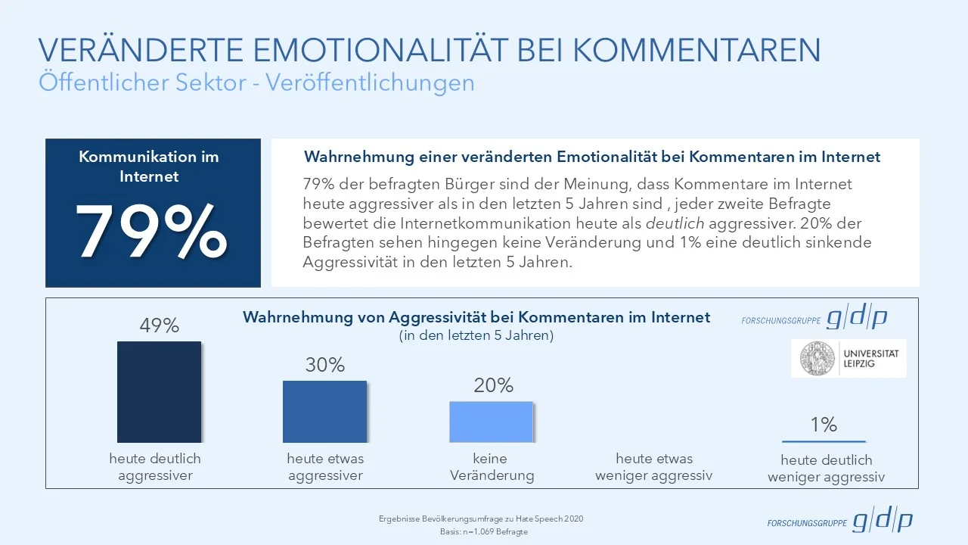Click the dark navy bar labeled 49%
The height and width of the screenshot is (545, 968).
click(x=159, y=391)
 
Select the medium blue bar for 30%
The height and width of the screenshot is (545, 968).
click(x=324, y=411)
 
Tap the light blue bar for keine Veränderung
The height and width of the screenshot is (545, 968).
click(x=491, y=422)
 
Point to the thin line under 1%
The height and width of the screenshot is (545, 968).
click(x=824, y=441)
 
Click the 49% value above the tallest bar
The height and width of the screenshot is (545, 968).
click(x=159, y=325)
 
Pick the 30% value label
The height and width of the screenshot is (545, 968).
click(x=325, y=365)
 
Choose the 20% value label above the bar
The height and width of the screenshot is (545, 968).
click(x=493, y=385)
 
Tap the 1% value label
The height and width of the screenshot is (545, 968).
click(x=824, y=425)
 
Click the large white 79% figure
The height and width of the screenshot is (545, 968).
click(x=151, y=231)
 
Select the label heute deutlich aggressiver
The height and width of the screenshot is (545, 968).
click(x=155, y=467)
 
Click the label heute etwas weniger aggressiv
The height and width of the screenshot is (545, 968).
click(x=654, y=467)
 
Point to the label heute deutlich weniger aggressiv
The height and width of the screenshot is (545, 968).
click(x=826, y=469)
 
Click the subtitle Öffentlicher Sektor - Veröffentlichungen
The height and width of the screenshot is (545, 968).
click(x=256, y=83)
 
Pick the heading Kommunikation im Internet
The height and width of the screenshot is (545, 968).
click(x=149, y=166)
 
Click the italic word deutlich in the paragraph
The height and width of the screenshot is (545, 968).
click(x=676, y=223)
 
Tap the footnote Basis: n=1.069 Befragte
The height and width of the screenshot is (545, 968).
click(x=484, y=532)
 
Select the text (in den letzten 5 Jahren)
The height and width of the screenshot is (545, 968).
click(x=476, y=336)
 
